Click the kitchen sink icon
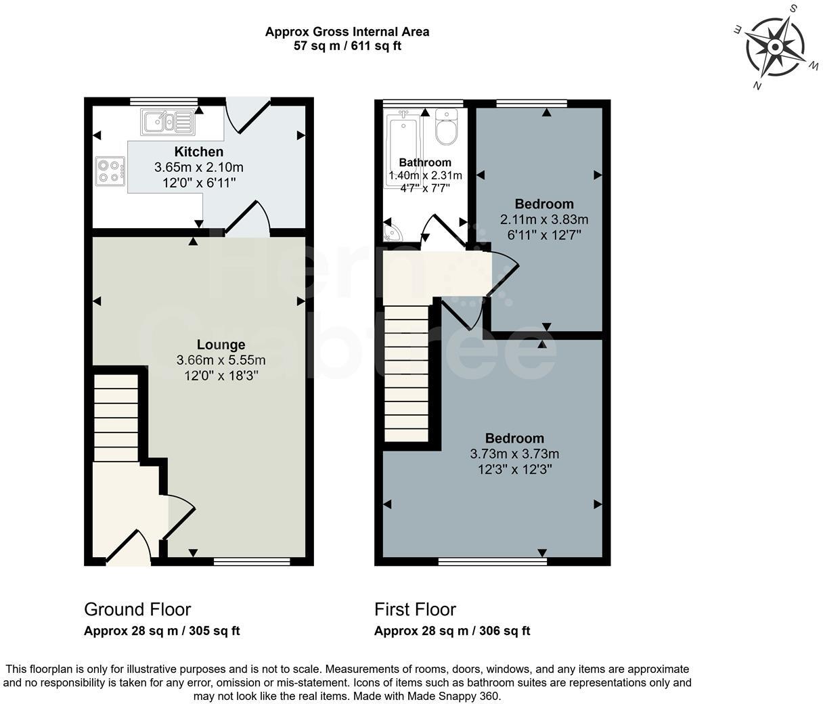click(167, 122)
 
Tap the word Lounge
click(221, 345)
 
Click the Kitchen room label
click(198, 152)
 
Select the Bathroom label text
click(424, 162)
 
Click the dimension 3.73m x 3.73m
click(514, 454)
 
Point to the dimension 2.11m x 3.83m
click(543, 219)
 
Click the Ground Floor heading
click(137, 609)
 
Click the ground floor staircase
click(115, 417)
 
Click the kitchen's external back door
click(242, 115)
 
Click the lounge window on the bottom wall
click(252, 561)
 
